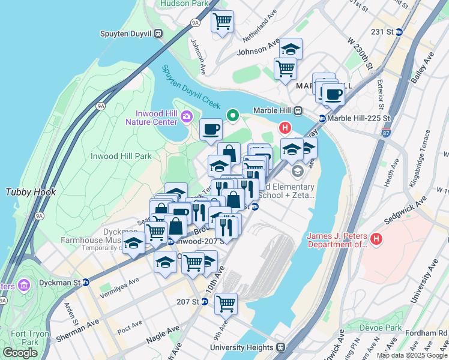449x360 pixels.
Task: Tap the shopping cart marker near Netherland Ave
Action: (223, 22)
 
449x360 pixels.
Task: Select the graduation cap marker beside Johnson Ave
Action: (291, 49)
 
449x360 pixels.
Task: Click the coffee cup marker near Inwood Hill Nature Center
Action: (211, 129)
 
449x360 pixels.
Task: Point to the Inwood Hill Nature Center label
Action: (151, 118)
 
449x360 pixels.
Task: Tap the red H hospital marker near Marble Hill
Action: (285, 128)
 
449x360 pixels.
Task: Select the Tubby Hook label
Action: (31, 193)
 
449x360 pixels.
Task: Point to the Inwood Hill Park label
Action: (121, 156)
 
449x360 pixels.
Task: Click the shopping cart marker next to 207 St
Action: (226, 304)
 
